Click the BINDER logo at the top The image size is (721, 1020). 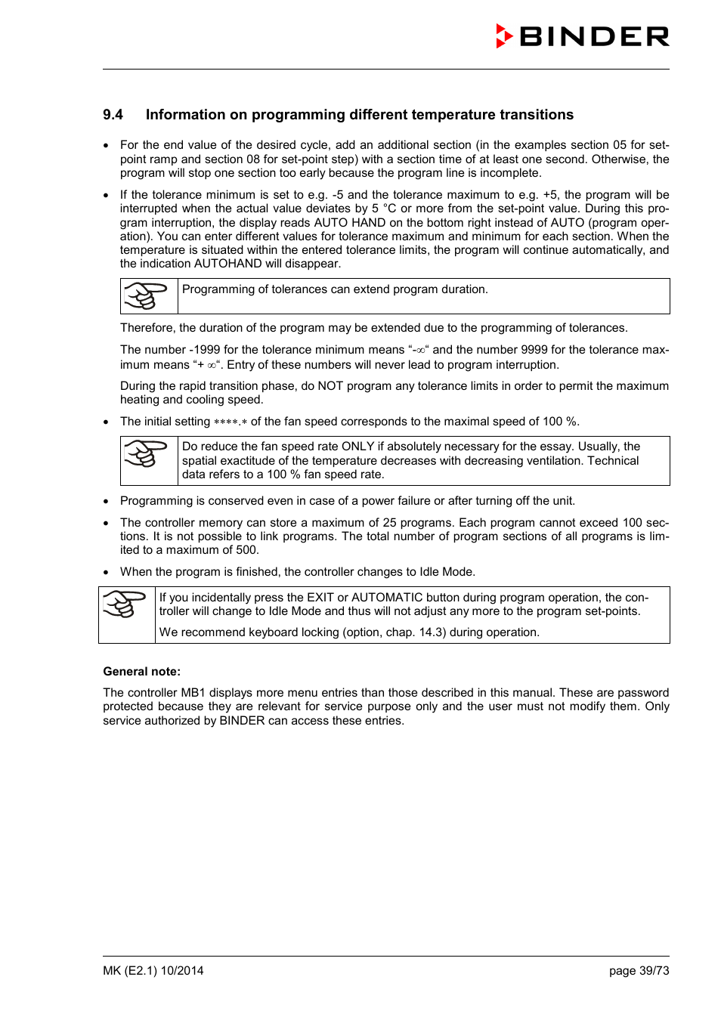pos(582,36)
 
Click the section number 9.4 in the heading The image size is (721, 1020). pos(113,115)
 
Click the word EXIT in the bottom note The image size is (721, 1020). pos(320,598)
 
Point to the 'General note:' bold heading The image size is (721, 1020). pos(141,672)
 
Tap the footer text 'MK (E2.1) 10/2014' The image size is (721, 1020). pos(153,971)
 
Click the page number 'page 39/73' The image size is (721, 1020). pos(639,971)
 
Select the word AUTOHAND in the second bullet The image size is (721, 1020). pos(228,264)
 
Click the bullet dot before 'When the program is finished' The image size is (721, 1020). pos(107,573)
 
